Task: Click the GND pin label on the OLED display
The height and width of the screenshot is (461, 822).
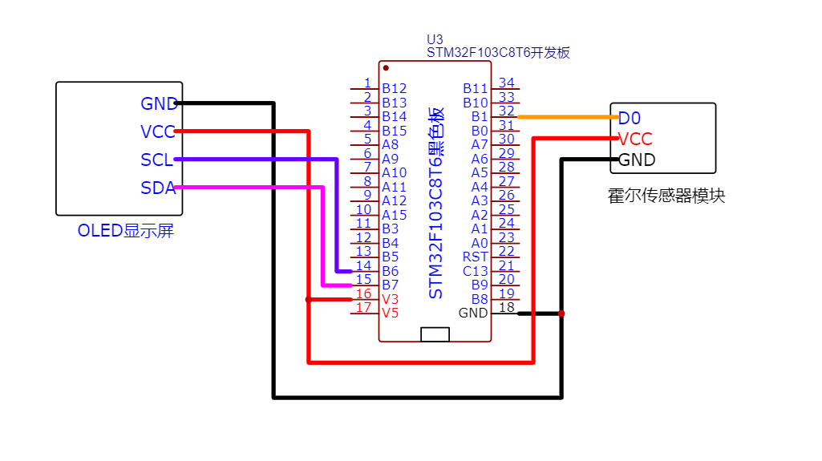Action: (158, 104)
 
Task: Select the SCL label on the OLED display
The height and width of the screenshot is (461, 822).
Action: (156, 160)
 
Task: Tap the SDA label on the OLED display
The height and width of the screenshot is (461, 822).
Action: (157, 188)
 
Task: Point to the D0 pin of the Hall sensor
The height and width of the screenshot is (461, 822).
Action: (630, 119)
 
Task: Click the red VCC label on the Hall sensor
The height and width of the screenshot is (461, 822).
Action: (635, 139)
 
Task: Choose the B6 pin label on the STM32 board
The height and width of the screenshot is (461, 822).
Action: (390, 271)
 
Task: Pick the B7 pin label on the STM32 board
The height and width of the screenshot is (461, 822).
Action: (390, 285)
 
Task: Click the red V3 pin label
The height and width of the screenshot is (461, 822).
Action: (390, 299)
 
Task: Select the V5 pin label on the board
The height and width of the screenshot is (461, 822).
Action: (390, 313)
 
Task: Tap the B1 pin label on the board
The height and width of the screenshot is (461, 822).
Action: (479, 116)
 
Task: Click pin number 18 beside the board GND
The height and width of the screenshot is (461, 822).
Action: (506, 308)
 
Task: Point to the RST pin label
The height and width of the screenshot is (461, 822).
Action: (476, 257)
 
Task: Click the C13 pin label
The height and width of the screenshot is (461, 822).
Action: (476, 271)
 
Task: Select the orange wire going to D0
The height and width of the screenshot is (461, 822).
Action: (565, 117)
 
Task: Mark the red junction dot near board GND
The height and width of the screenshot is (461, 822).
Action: (561, 313)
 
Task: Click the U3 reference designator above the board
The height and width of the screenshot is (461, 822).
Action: (435, 39)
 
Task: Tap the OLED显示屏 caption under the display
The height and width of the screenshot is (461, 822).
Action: (125, 231)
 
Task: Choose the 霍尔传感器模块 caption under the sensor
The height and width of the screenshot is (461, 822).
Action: (666, 196)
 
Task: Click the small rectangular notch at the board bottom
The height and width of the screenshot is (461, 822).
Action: (435, 334)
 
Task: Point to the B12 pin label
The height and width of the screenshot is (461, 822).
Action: (394, 88)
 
